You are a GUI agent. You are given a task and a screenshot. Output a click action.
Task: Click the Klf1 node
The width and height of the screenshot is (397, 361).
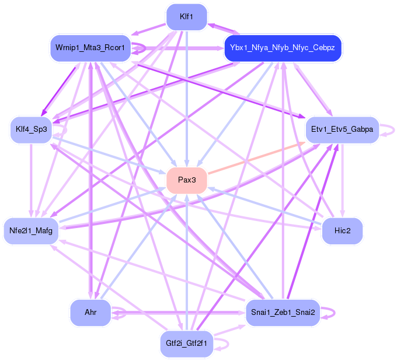[187, 16]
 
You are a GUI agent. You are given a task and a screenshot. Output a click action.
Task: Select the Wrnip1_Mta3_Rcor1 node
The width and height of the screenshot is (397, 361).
[90, 48]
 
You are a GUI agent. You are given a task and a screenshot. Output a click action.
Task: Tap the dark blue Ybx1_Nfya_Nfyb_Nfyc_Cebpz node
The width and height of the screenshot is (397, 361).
[283, 48]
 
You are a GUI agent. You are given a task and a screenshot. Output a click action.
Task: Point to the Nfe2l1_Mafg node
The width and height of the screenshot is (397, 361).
[31, 231]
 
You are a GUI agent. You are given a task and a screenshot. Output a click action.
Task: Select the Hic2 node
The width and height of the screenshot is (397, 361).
[343, 231]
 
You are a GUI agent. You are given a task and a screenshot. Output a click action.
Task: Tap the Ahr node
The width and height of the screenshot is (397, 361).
[90, 313]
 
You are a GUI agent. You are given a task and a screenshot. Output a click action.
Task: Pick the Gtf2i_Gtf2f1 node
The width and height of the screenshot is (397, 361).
[187, 343]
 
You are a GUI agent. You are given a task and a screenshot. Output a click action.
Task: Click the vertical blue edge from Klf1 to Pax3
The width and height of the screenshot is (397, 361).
[187, 99]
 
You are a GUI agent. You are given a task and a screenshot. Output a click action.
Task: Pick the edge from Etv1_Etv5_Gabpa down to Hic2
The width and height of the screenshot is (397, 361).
[343, 181]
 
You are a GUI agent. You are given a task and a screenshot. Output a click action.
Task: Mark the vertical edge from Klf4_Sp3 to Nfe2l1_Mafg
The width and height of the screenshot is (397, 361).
[31, 181]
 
